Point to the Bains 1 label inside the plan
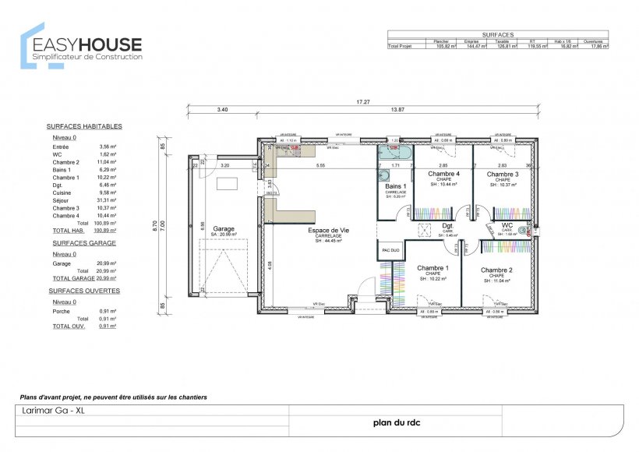(x=396, y=187)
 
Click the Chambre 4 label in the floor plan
(x=443, y=174)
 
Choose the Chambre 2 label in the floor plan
(x=497, y=270)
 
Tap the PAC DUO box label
(x=390, y=250)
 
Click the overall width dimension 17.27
(x=362, y=102)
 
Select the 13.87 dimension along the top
(x=397, y=111)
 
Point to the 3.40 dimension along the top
(x=222, y=111)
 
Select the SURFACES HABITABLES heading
(x=84, y=126)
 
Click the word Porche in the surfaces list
(x=62, y=311)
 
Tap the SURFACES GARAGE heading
(x=81, y=242)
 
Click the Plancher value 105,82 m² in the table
(x=444, y=46)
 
